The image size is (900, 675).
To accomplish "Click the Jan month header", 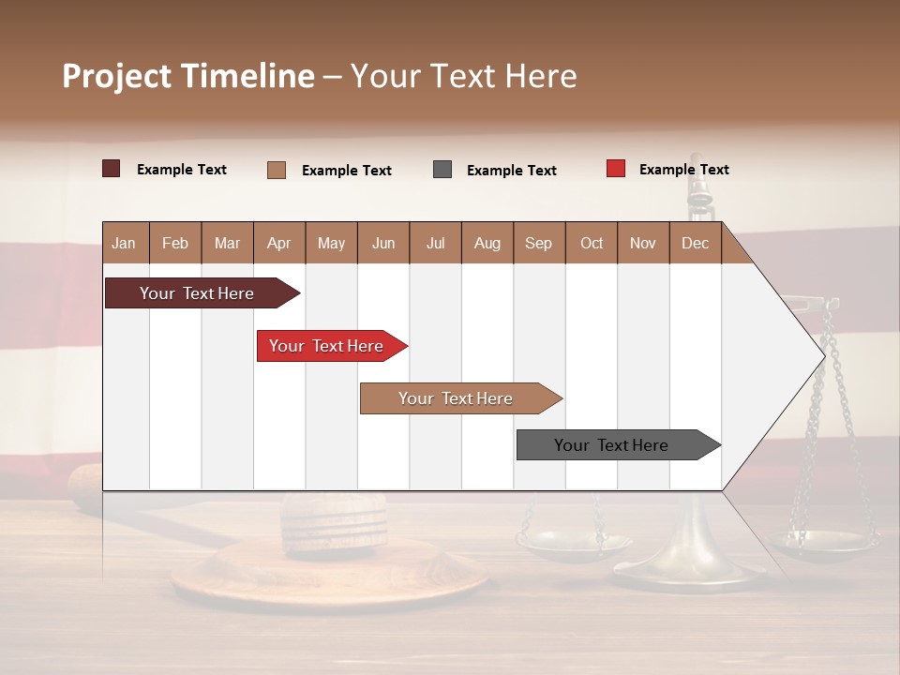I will [x=125, y=243].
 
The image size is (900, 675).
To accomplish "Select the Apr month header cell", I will [x=279, y=243].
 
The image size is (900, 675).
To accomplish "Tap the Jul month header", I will [x=435, y=243].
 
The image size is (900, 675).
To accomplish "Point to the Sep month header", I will [x=538, y=243].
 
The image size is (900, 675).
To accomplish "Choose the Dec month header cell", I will [x=695, y=243].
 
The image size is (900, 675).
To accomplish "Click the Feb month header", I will [x=175, y=243].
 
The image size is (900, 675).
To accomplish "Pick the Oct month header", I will [x=591, y=243].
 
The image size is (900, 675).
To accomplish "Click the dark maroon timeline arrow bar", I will [x=197, y=293].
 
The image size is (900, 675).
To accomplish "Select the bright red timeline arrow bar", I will [x=326, y=346].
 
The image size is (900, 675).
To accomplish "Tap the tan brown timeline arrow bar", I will [x=456, y=398].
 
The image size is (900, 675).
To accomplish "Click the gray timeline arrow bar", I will [x=611, y=445].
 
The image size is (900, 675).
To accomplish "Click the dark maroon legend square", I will [x=111, y=169].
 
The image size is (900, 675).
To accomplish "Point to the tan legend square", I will [x=277, y=170].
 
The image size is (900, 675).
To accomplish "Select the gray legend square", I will [x=442, y=170].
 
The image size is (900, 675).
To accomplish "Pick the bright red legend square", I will [x=615, y=169].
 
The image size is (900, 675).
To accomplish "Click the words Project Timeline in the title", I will [x=187, y=76].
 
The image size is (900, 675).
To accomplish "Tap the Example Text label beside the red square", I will [x=683, y=170].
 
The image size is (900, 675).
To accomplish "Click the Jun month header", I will [x=382, y=243].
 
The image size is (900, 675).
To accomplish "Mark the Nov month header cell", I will [x=642, y=243].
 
